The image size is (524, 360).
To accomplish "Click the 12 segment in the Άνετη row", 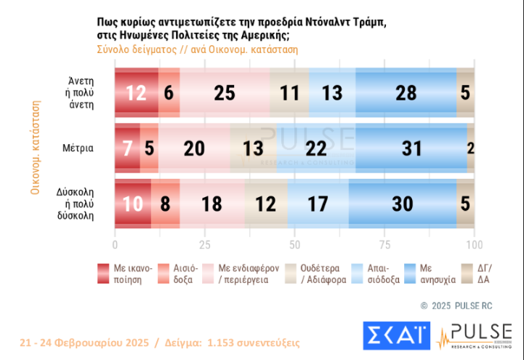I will point(137,92).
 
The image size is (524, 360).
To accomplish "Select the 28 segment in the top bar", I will point(406,92).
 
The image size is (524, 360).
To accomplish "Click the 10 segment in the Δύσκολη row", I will point(133,204).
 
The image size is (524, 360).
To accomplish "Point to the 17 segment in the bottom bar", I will point(318,204).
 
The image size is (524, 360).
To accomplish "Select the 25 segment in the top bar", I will point(225,92).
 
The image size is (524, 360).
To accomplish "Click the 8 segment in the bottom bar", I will point(166,204).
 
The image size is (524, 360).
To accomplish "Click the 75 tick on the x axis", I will point(384,244).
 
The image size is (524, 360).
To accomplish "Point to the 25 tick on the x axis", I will point(205,244).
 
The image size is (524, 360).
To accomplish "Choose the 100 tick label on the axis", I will point(474,244).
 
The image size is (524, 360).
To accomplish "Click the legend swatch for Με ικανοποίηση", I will point(104,273).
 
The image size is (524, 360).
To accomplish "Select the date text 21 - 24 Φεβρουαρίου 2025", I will point(84,342).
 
